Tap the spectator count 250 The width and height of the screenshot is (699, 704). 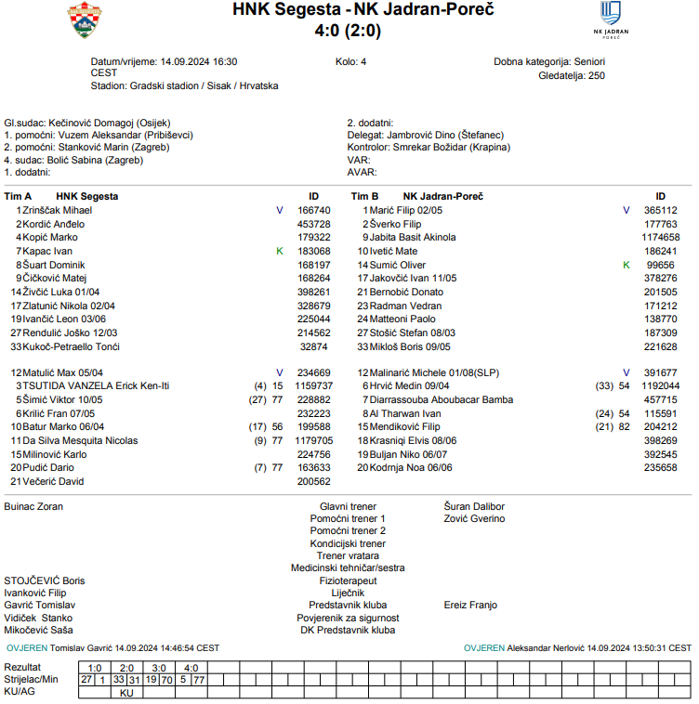tap(596, 76)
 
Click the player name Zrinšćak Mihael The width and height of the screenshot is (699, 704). tap(57, 211)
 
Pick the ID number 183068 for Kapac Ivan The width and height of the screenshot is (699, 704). tap(313, 252)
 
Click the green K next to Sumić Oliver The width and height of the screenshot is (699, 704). tap(626, 266)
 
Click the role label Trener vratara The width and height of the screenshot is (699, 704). tap(348, 556)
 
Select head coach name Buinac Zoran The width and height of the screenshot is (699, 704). tap(33, 507)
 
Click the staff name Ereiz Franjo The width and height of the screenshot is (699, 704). tap(470, 605)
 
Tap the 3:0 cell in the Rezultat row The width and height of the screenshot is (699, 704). tap(159, 668)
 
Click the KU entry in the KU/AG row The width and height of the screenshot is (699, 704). tap(127, 693)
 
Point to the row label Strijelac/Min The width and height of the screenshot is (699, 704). tap(31, 680)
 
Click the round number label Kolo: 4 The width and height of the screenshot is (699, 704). tap(351, 62)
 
